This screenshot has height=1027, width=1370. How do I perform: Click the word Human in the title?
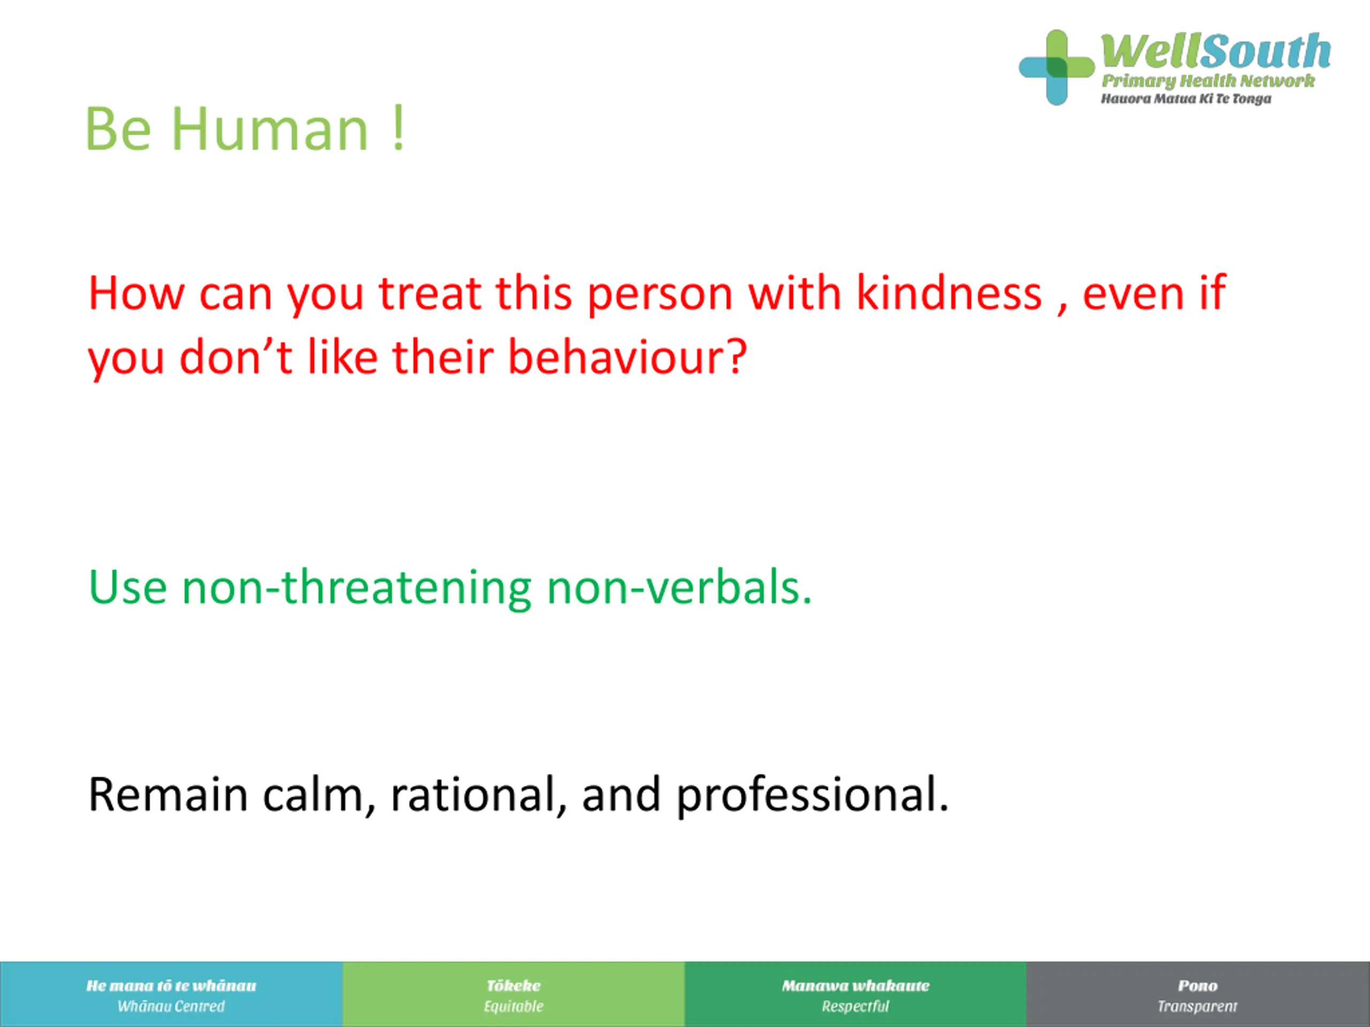pos(270,129)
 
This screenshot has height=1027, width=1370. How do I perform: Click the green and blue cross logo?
pos(1056,67)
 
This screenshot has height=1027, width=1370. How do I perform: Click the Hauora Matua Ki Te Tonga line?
pos(1185,99)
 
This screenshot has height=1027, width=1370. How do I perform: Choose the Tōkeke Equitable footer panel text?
pos(513,996)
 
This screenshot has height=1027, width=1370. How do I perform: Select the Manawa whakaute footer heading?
pos(855,985)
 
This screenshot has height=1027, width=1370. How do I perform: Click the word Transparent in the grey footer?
pos(1197,1007)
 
